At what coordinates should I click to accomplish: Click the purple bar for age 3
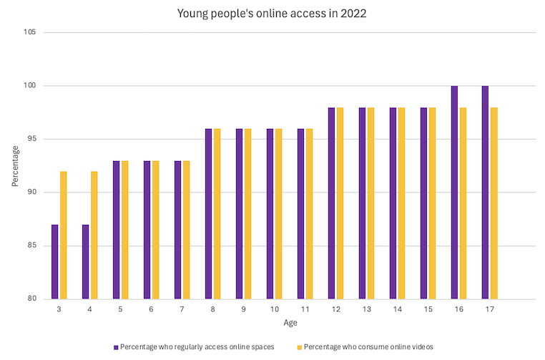54,262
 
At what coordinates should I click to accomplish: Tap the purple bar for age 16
454,193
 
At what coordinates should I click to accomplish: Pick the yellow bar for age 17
494,203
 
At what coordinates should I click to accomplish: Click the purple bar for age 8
208,214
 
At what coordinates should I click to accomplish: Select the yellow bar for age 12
340,203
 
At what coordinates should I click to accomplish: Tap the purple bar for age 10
270,214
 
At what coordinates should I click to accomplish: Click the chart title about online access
272,14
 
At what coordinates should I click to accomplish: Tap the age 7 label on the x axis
182,308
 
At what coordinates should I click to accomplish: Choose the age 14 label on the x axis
397,308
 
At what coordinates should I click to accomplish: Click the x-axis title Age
290,323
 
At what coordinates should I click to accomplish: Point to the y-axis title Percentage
15,166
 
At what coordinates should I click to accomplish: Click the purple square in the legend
116,347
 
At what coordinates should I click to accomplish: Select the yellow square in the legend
300,347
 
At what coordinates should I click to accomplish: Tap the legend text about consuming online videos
368,347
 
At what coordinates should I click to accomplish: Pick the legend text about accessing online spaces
197,347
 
